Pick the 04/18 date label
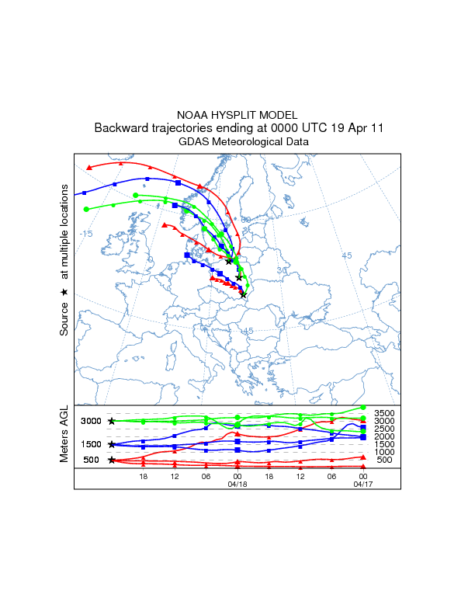click(237, 483)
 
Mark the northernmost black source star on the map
click(228, 261)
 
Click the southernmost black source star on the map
click(243, 294)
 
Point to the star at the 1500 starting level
click(112, 444)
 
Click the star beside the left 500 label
click(112, 460)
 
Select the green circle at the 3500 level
click(363, 407)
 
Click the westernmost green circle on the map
click(87, 209)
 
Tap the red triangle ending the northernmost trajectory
click(89, 167)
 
